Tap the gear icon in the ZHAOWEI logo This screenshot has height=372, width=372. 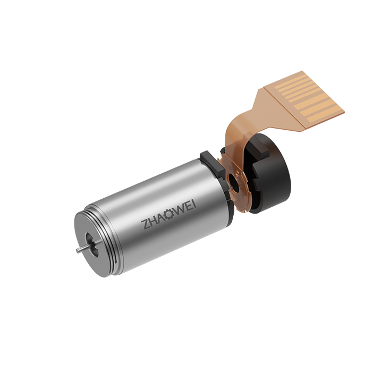point(169,215)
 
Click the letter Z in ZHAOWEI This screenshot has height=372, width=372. point(145,224)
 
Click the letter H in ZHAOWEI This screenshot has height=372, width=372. point(153,222)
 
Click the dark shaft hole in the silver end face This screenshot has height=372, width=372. point(92,245)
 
